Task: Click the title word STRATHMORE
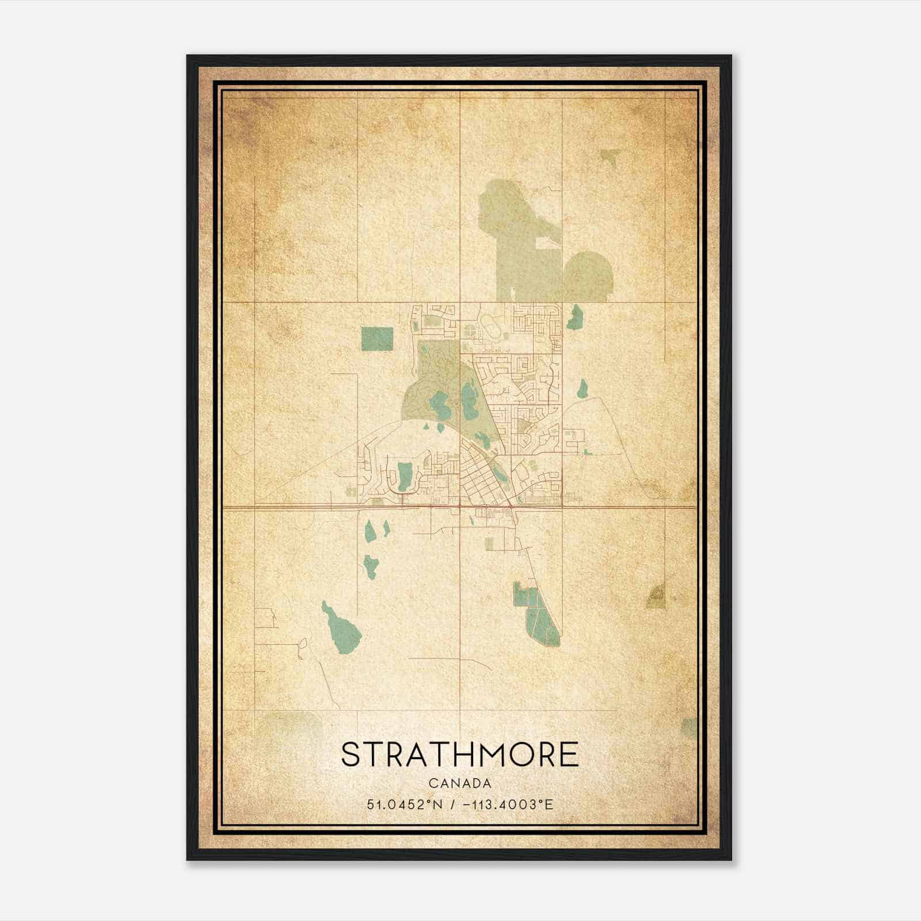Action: (460, 755)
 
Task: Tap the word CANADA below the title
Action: (460, 783)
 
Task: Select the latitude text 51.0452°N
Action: (405, 804)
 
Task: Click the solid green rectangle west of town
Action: (377, 338)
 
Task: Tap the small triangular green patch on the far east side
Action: (656, 597)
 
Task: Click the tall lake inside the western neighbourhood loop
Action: (405, 474)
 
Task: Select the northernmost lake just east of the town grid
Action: (575, 317)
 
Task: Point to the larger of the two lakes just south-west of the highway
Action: (370, 530)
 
